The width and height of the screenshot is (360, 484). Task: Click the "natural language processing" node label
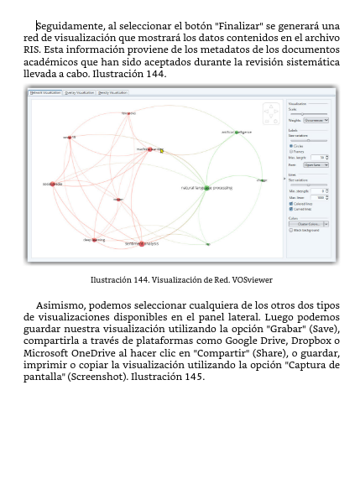click(x=206, y=188)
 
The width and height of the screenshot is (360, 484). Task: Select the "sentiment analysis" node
click(x=142, y=243)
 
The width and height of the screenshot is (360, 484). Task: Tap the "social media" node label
click(x=53, y=184)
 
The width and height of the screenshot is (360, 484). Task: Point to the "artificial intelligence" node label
click(x=236, y=132)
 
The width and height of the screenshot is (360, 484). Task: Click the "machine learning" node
click(x=150, y=149)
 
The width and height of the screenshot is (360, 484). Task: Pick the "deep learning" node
click(x=94, y=240)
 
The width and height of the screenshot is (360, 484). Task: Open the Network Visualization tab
click(x=46, y=93)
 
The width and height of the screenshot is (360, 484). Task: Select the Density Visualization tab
click(x=112, y=93)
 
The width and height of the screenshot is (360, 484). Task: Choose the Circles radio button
click(x=291, y=146)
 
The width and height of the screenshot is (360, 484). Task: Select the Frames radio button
click(x=291, y=151)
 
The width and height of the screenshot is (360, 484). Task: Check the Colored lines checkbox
click(x=291, y=204)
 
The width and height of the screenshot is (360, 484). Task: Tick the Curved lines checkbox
click(x=291, y=209)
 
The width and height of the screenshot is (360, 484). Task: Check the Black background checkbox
click(x=291, y=230)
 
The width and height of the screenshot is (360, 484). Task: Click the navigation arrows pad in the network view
click(x=271, y=112)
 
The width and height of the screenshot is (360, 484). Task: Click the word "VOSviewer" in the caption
click(x=253, y=280)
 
